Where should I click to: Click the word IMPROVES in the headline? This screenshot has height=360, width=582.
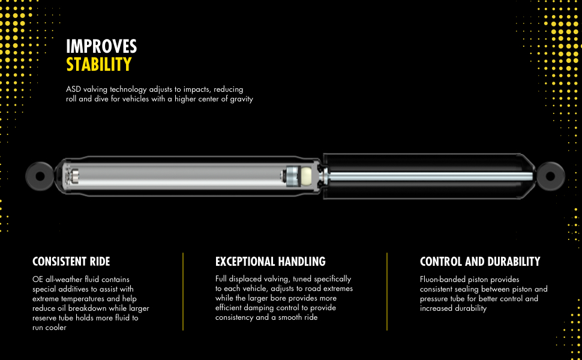[x=101, y=46]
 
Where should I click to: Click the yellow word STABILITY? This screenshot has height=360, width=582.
[x=98, y=64]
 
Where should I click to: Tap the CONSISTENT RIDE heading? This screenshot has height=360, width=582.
[x=71, y=262]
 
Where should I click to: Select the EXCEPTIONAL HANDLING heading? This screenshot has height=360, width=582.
[x=270, y=262]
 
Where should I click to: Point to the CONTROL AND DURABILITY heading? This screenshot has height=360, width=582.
[x=480, y=262]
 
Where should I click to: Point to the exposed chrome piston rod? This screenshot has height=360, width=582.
[x=432, y=176]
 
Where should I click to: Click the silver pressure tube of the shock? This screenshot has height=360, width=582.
[x=180, y=176]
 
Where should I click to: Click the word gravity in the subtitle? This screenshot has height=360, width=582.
[x=240, y=99]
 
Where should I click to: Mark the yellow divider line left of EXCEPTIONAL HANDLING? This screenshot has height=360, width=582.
[x=183, y=291]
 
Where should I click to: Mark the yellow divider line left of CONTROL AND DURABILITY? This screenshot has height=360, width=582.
[x=387, y=291]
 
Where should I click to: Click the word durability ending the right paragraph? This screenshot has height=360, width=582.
[x=467, y=308]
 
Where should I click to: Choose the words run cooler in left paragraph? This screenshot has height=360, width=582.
[x=49, y=328]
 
